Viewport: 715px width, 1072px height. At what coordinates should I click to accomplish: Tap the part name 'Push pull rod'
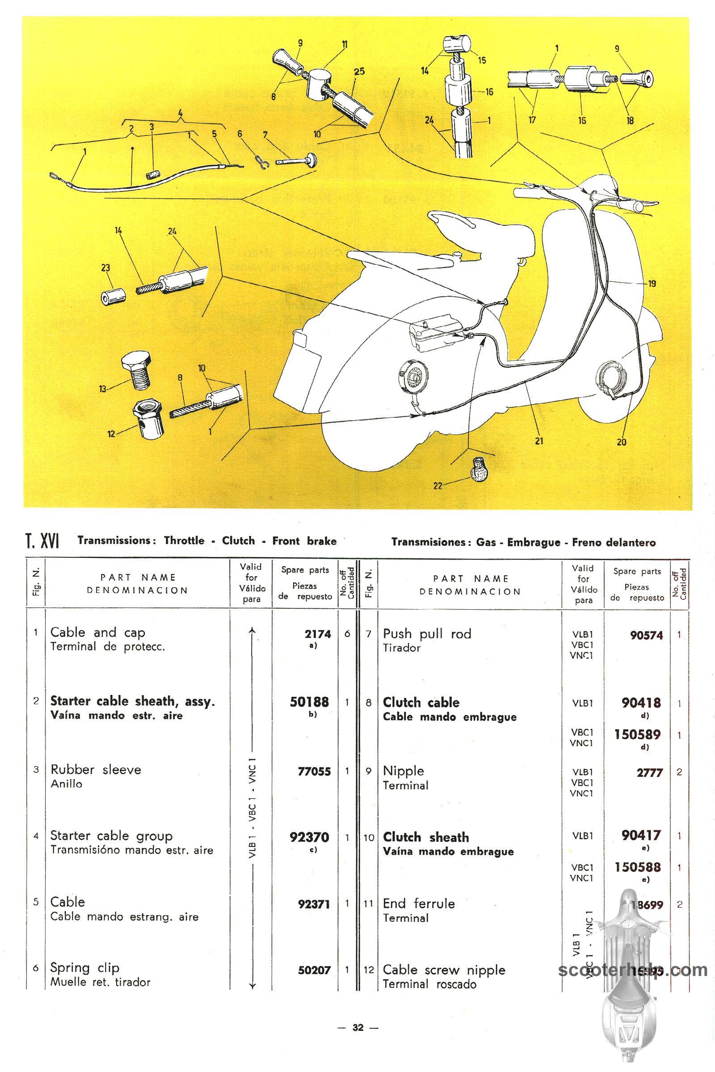[427, 633]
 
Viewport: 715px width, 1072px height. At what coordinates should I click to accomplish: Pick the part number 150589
[637, 734]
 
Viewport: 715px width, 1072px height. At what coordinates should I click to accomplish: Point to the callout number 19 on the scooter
[652, 284]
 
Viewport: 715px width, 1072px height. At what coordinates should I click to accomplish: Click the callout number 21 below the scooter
[539, 441]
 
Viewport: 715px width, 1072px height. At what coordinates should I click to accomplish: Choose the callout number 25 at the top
[359, 71]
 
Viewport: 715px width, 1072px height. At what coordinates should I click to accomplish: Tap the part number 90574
[646, 635]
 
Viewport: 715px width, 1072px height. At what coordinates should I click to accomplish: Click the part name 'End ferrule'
[419, 903]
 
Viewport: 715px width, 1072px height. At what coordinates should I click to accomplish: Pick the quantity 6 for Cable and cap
[347, 633]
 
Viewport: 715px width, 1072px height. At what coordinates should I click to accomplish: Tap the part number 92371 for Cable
[314, 904]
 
